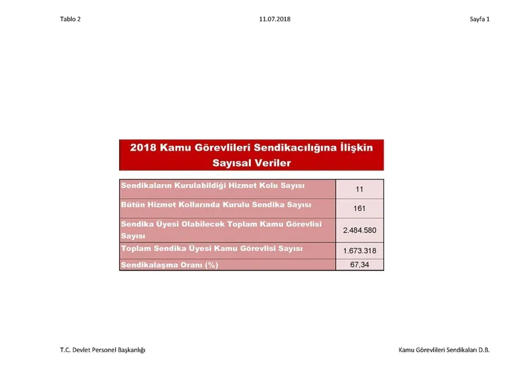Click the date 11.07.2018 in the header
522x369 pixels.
[274, 19]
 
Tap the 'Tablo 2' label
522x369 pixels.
[70, 19]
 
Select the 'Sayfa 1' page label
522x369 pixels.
[479, 19]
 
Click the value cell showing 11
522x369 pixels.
[359, 190]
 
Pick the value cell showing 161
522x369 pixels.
[359, 209]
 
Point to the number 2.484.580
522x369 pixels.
[359, 230]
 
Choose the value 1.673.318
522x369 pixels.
[359, 250]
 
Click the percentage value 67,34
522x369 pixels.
[359, 265]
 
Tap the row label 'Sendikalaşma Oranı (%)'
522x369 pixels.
[169, 265]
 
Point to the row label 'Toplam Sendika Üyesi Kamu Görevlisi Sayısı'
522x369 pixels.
[211, 248]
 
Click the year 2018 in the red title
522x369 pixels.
[143, 147]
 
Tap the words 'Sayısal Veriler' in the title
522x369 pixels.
[252, 163]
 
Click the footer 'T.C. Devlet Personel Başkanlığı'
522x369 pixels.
[102, 350]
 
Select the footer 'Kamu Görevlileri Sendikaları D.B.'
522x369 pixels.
[444, 350]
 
